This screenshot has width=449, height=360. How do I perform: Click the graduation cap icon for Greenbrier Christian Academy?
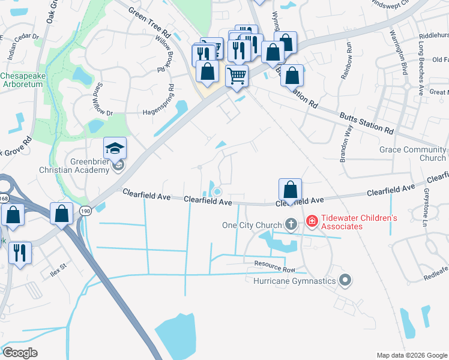pyautogui.click(x=115, y=148)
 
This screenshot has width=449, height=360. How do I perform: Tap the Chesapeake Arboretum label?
pyautogui.click(x=22, y=80)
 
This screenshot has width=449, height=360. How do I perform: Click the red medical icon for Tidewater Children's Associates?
pyautogui.click(x=312, y=222)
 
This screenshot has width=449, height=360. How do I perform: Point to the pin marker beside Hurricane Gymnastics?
pyautogui.click(x=345, y=280)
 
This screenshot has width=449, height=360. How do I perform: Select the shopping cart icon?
pyautogui.click(x=237, y=76)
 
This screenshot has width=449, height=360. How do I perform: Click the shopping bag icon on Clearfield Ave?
pyautogui.click(x=290, y=190)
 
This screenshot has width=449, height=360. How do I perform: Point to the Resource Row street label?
pyautogui.click(x=275, y=264)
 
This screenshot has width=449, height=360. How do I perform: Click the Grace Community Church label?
pyautogui.click(x=413, y=154)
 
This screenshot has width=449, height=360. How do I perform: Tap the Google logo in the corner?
pyautogui.click(x=20, y=353)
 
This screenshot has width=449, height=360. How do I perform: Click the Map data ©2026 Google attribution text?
pyautogui.click(x=412, y=355)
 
